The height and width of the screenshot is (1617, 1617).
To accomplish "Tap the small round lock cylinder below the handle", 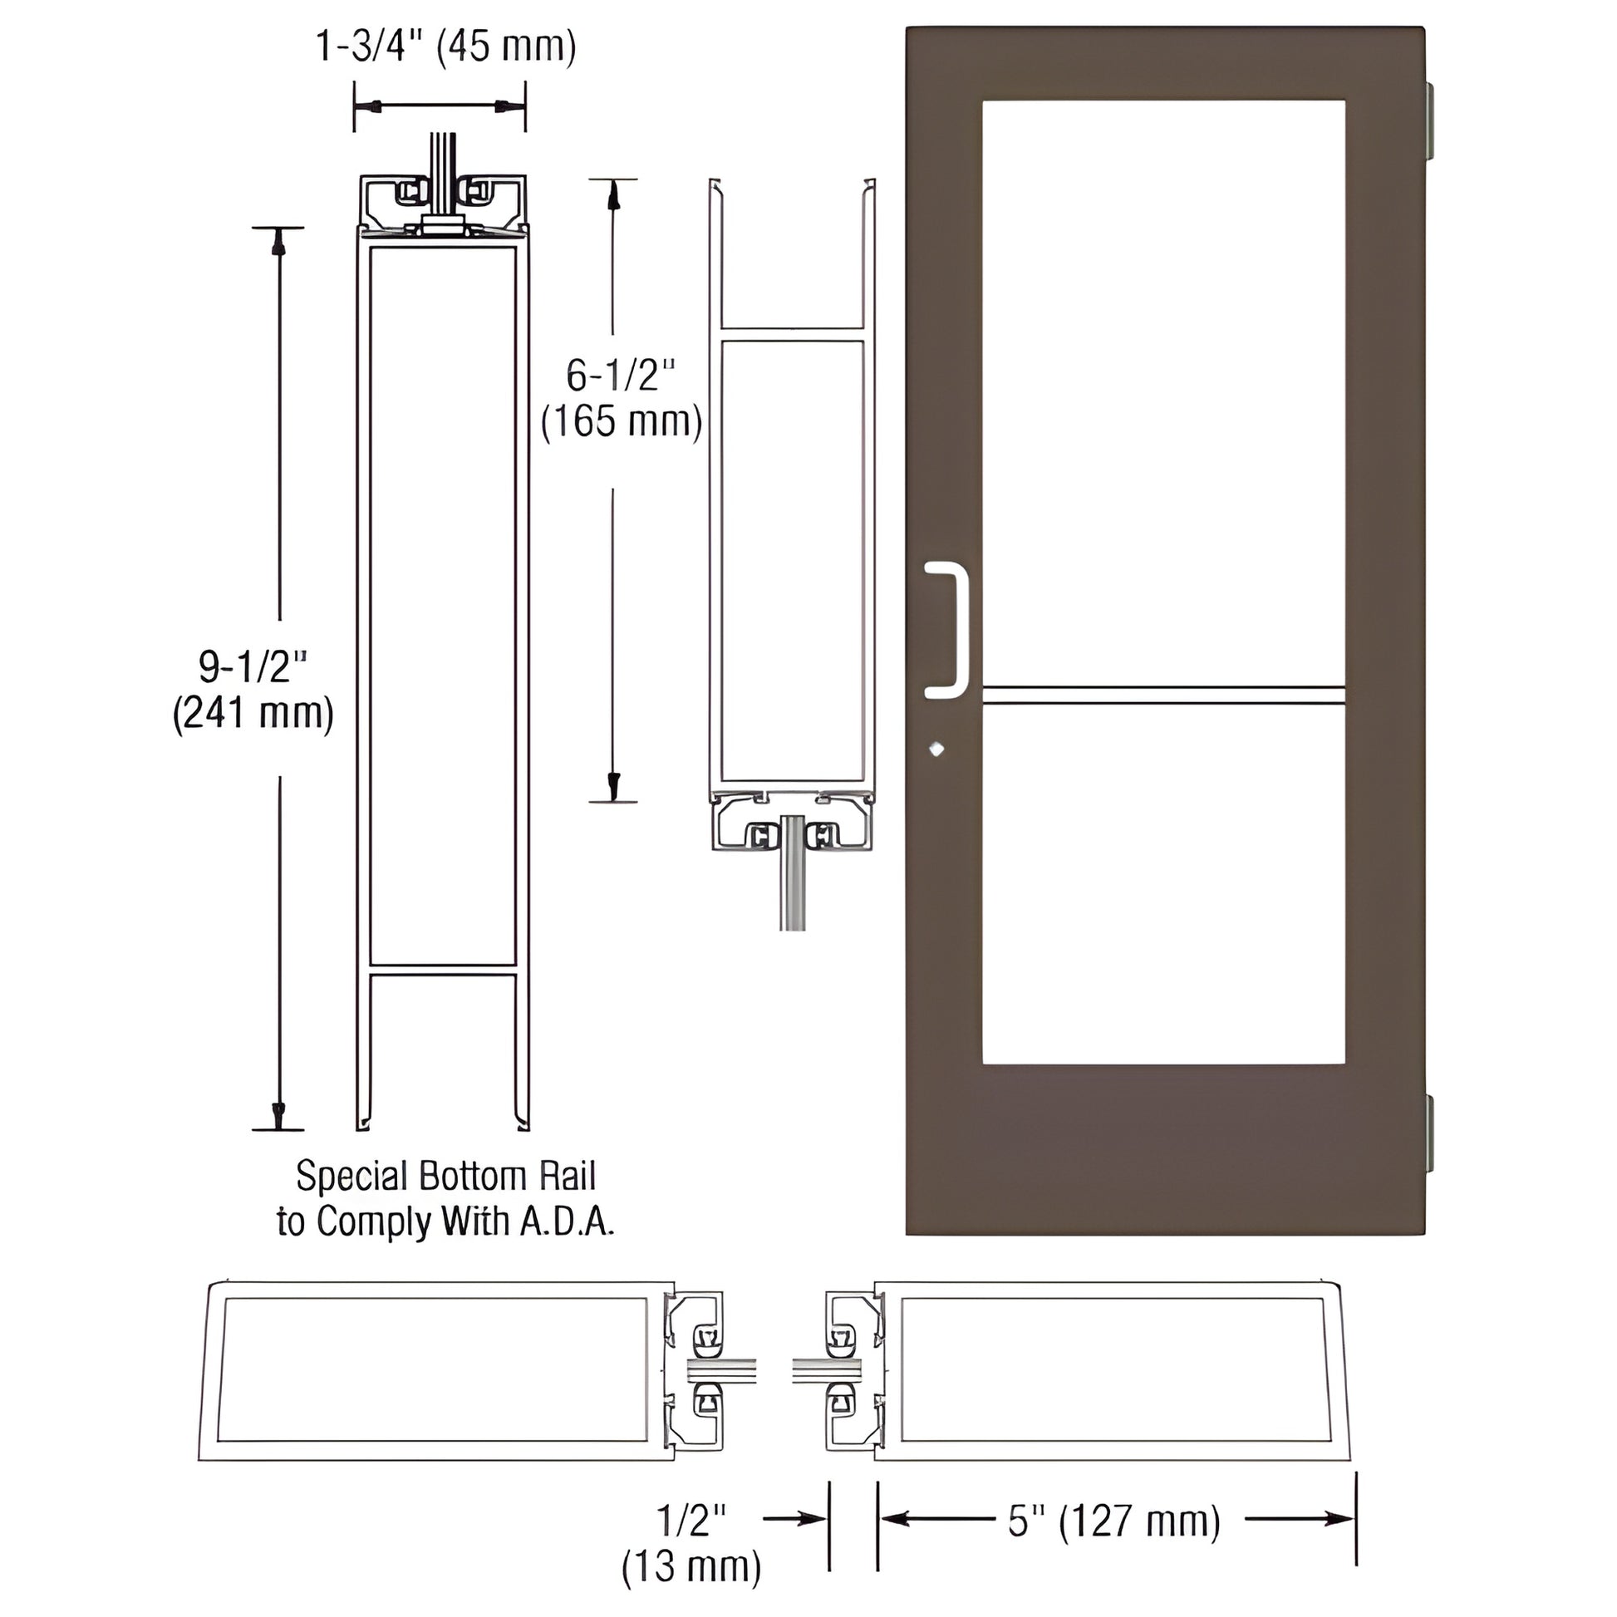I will tap(936, 749).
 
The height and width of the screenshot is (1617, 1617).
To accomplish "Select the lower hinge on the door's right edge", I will tap(1429, 1133).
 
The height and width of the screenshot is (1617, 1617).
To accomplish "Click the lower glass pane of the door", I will tap(1163, 883).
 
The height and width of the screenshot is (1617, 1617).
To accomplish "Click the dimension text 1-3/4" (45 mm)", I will tap(445, 46).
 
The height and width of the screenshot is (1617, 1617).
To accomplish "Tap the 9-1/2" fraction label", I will tap(253, 666).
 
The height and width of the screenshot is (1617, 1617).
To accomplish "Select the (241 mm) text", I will tap(253, 713).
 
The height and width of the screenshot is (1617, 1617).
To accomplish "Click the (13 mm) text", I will tap(691, 1567).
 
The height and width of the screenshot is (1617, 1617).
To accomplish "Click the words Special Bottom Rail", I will tap(445, 1176).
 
